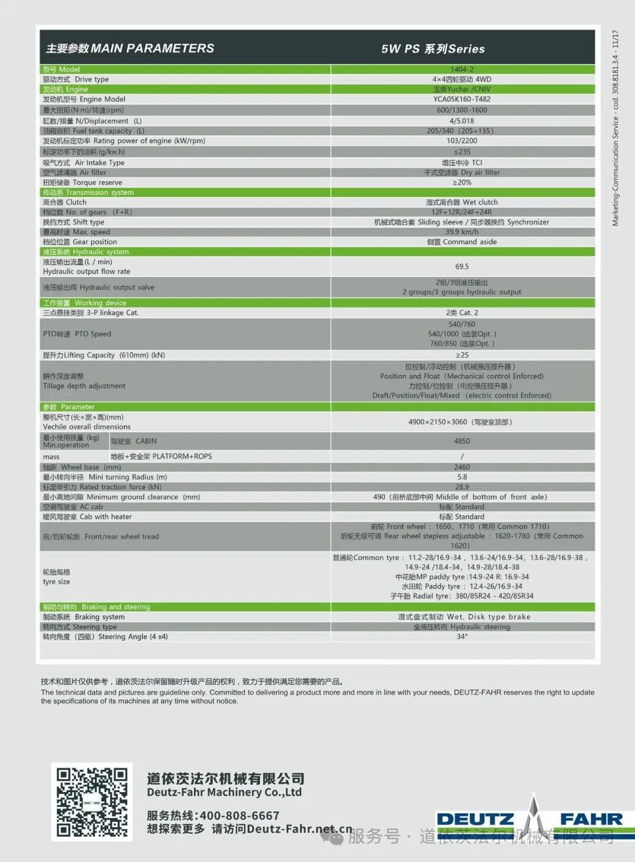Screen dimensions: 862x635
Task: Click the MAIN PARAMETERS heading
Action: (x=130, y=49)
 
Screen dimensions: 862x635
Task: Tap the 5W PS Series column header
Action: (x=433, y=49)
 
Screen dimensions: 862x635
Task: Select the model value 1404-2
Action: (x=462, y=69)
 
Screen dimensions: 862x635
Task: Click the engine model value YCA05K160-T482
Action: (x=462, y=99)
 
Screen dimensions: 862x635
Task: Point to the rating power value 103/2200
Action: (x=462, y=141)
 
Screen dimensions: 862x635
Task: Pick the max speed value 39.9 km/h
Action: (x=462, y=232)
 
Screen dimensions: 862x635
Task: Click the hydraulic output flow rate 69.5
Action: (x=462, y=267)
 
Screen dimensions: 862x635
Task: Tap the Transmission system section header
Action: (x=88, y=193)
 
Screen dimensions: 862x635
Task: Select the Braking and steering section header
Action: (x=96, y=607)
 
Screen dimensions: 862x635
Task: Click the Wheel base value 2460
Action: (x=462, y=467)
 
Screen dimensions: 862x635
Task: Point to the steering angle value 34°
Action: (x=462, y=637)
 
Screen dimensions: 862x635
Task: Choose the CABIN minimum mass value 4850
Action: (x=462, y=441)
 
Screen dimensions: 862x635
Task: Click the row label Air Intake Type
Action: (x=83, y=163)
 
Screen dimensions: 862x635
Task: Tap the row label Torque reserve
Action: (x=82, y=183)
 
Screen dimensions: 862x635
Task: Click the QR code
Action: (x=92, y=801)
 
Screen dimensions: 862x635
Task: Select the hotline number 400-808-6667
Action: (x=239, y=816)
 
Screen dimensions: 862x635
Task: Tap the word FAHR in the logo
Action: (x=590, y=819)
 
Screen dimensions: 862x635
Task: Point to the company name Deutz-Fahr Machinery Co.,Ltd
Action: (x=224, y=792)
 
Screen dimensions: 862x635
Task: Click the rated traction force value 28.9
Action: (x=462, y=487)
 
